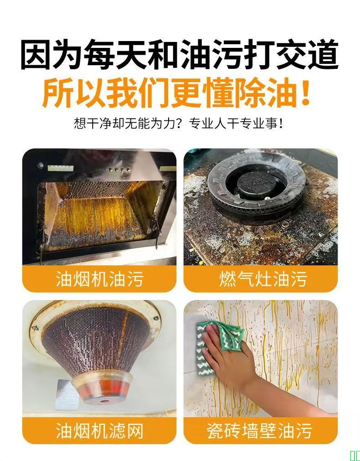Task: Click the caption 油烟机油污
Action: [99, 279]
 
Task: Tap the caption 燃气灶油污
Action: [263, 279]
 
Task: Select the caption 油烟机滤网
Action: [99, 431]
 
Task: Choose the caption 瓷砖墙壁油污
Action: [259, 431]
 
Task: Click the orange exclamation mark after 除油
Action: [306, 92]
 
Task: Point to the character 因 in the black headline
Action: [36, 54]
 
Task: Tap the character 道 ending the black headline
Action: [323, 54]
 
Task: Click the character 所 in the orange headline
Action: [57, 92]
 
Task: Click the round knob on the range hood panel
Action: [40, 166]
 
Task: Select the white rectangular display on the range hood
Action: [60, 168]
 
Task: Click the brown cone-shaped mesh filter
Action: [96, 341]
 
